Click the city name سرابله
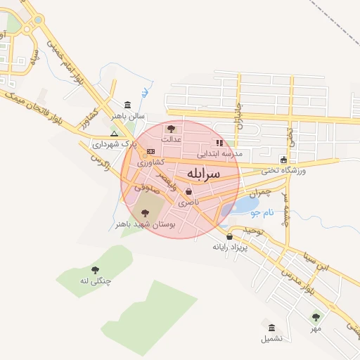point(204,173)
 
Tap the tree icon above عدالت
point(170,129)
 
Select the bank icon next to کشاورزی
point(150,151)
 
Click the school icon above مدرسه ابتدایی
point(219,143)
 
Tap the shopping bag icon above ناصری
point(188,191)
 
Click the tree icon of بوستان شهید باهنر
point(145,213)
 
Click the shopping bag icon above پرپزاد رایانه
point(229,236)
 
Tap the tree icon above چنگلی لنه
point(95,270)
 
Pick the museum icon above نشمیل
point(272,328)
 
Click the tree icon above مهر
point(316,317)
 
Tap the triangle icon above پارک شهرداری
point(114,133)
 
